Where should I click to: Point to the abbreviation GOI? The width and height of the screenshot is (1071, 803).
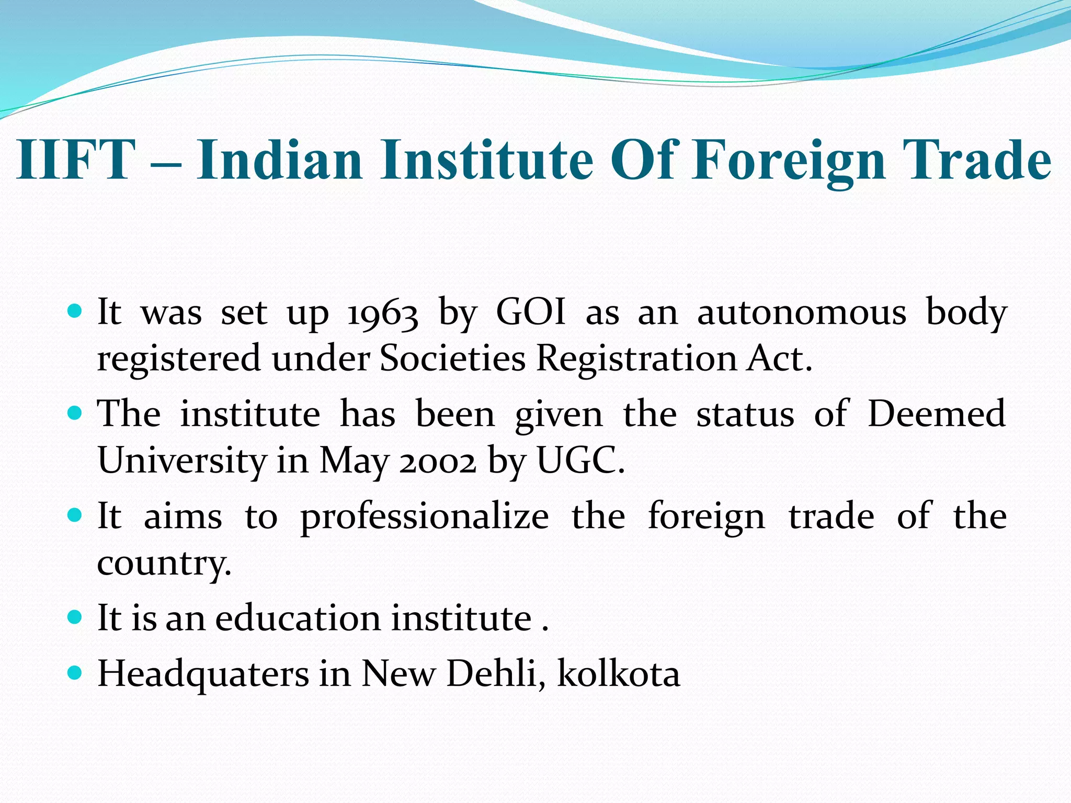pos(531,312)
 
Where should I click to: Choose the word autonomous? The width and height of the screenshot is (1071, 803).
pos(802,313)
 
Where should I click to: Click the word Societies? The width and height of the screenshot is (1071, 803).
pos(452,359)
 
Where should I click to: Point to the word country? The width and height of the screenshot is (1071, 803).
pos(164,564)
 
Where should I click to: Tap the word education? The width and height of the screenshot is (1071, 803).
pos(298,618)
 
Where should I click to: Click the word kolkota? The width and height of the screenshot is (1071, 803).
pos(619,673)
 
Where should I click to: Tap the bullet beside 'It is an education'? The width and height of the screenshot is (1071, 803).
pos(75,618)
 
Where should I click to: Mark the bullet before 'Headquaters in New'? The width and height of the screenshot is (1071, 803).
pos(75,673)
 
